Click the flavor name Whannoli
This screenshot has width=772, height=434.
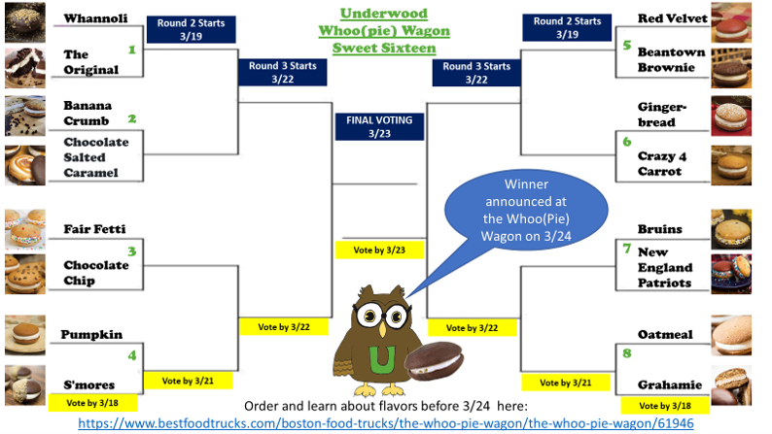(89, 18)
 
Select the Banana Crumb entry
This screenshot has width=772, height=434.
(88, 112)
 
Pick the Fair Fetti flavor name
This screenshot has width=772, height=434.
(94, 228)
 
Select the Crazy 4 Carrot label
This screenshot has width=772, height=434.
(665, 163)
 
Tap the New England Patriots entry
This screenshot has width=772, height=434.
(665, 267)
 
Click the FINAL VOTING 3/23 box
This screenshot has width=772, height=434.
(380, 127)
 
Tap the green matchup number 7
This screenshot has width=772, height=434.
(627, 250)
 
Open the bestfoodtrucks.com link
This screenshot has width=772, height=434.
(385, 424)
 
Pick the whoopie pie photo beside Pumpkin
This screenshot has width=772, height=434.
(24, 335)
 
